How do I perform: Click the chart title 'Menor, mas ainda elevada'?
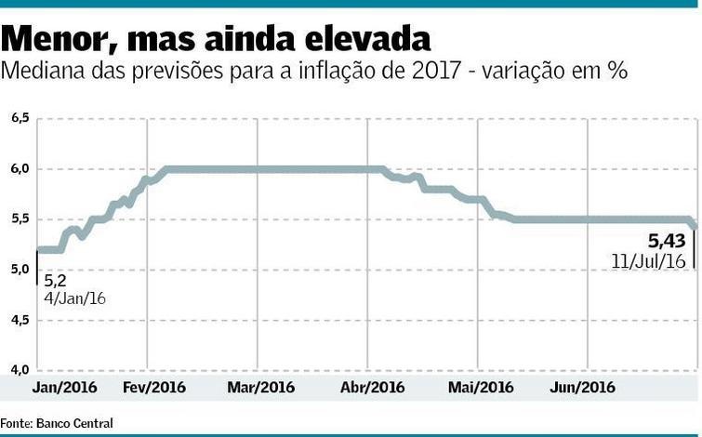click(217, 39)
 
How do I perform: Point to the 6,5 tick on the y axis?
click(20, 118)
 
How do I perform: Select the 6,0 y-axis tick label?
click(20, 168)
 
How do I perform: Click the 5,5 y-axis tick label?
click(20, 219)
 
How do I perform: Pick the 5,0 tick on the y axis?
click(20, 270)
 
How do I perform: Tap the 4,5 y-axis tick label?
click(20, 320)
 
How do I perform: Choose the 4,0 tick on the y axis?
click(20, 370)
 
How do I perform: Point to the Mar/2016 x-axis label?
click(261, 387)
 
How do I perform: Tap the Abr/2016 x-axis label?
click(373, 387)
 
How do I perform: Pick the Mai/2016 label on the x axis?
click(481, 387)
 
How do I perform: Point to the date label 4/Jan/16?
click(75, 298)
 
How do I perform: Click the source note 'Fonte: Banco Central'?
click(57, 423)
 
